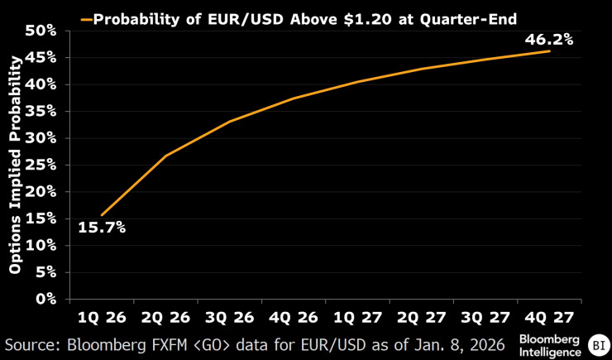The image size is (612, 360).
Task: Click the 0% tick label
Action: [x=46, y=298]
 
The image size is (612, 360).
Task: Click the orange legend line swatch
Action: [x=85, y=17]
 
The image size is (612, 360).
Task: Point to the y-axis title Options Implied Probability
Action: [x=15, y=166]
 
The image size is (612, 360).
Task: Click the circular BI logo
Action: [x=597, y=344]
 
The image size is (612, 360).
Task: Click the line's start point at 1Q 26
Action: [x=102, y=215]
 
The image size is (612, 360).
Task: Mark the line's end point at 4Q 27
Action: [x=550, y=51]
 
